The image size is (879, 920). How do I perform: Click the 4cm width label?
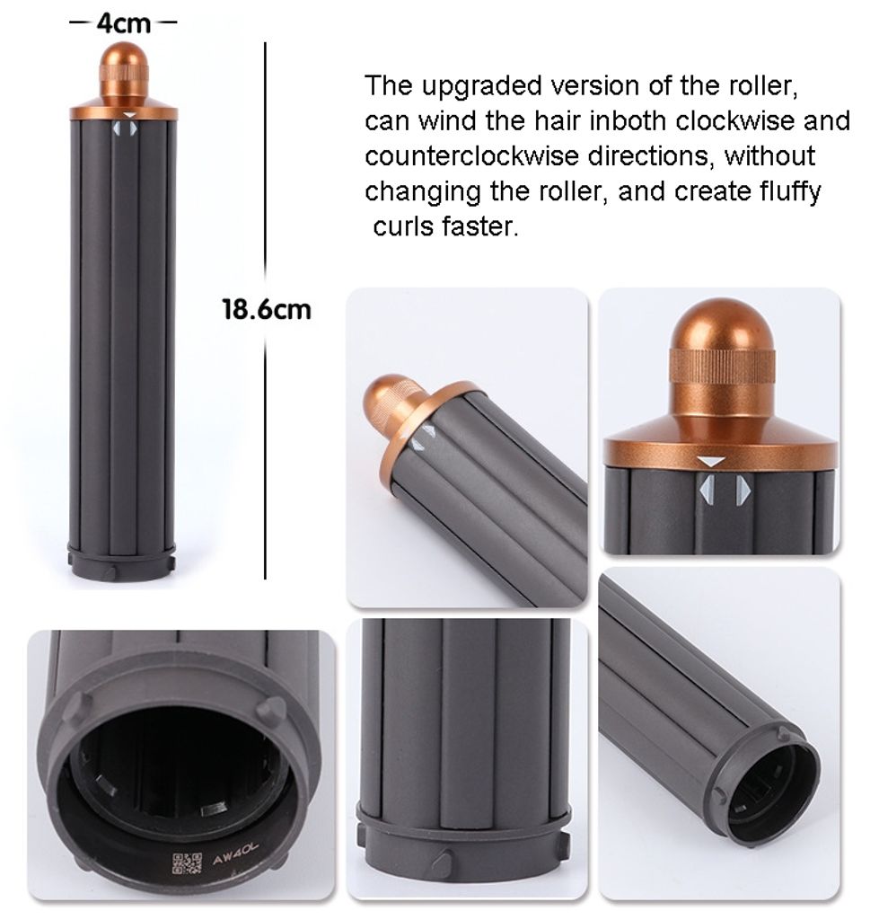point(123,22)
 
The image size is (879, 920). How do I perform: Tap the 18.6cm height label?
point(266,310)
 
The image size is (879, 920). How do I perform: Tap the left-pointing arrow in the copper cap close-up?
point(708,490)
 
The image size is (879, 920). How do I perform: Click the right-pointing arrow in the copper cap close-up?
point(743,490)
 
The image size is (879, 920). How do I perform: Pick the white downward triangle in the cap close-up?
point(712,461)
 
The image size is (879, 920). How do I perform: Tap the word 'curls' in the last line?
point(405,226)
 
